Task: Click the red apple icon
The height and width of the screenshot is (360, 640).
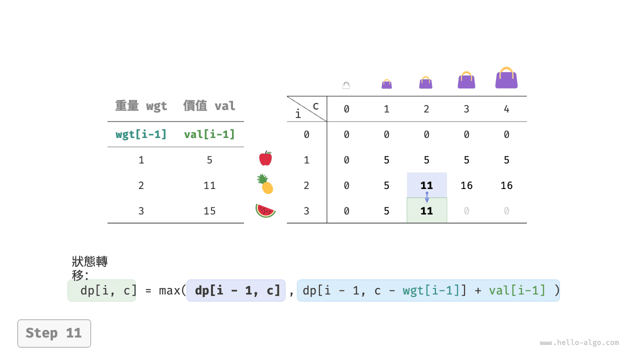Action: coord(265,158)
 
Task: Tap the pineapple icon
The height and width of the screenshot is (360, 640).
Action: coord(265,184)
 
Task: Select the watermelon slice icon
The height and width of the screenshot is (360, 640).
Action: coord(265,210)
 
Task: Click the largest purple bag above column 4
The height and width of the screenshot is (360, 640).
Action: coord(506,77)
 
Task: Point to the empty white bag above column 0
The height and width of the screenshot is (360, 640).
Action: coord(346,85)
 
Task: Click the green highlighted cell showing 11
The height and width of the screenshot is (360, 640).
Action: coord(427,210)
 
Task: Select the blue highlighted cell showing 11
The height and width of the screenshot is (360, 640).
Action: coord(427,185)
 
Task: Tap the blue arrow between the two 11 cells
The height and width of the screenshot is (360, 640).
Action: coord(427,197)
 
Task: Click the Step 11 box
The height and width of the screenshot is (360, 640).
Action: coord(54,333)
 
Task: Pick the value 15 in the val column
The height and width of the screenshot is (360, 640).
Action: coord(209,211)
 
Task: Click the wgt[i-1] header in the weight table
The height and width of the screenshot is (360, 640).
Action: coord(141,134)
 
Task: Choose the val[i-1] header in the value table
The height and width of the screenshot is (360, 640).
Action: coord(209,134)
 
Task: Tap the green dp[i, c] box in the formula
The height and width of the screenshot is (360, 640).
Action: coord(101,290)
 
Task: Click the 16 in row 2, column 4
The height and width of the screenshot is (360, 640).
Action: coord(506,185)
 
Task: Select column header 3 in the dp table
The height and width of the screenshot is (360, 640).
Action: coord(466,109)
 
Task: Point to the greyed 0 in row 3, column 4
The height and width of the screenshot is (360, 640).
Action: coord(506,211)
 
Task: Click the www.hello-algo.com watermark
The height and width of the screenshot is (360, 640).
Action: coord(579,342)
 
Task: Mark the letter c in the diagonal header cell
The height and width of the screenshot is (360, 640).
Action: coord(315,106)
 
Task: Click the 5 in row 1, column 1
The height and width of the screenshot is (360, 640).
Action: coord(386,160)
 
